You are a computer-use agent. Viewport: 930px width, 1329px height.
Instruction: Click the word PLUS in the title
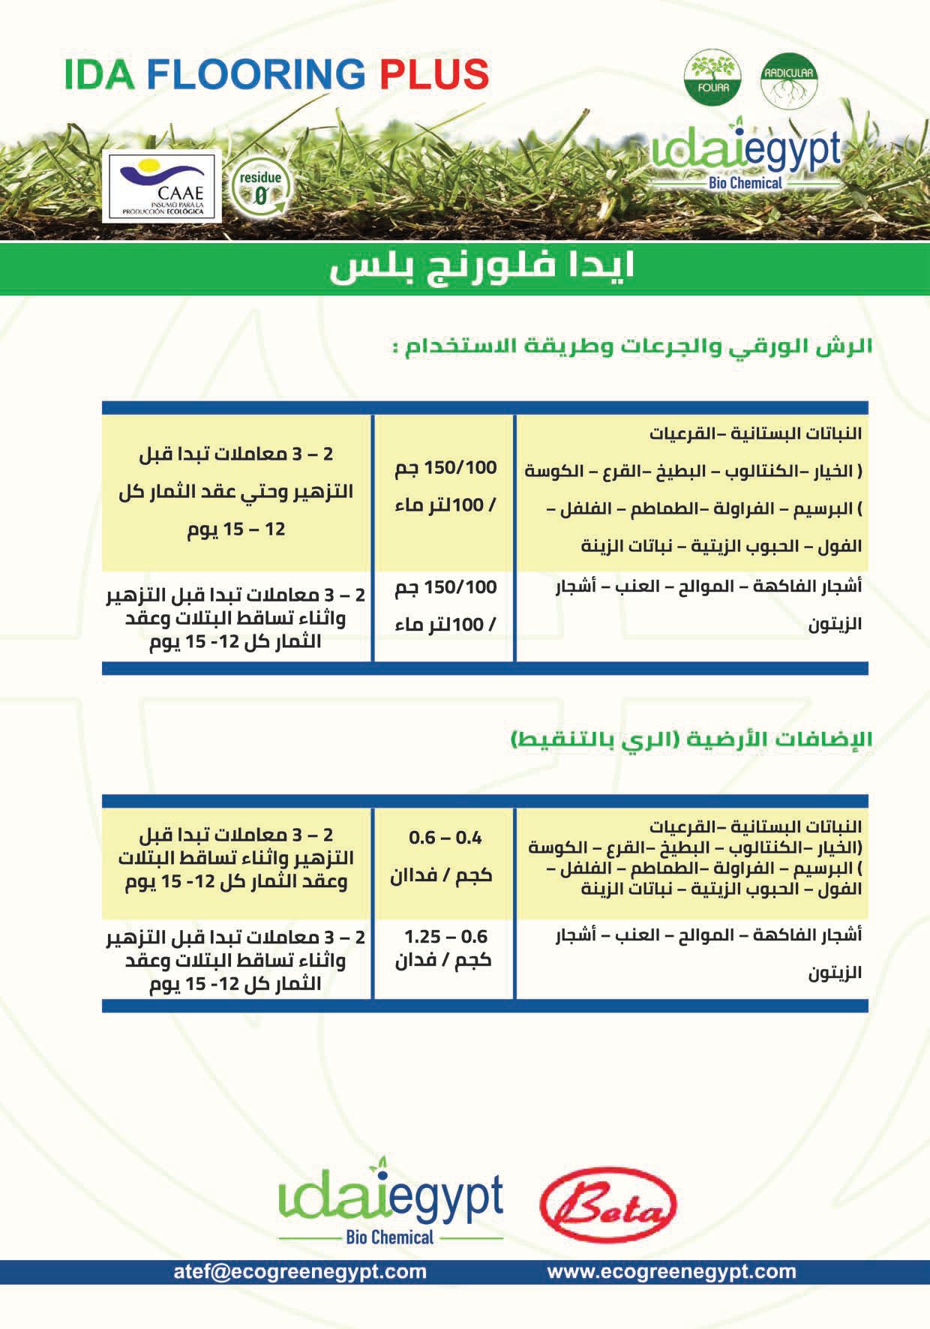click(434, 75)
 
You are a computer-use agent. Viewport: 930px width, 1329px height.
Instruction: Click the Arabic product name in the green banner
click(481, 268)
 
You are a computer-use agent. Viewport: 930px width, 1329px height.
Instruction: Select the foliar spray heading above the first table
click(631, 347)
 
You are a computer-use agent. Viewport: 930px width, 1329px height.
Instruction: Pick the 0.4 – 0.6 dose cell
click(445, 856)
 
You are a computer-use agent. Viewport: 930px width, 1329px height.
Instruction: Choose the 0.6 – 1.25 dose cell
click(445, 948)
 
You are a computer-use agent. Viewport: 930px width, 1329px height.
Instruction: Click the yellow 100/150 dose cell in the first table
click(445, 486)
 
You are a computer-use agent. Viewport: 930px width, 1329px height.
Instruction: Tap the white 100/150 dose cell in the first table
click(445, 605)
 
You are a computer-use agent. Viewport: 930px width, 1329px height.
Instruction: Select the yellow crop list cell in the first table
click(692, 490)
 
